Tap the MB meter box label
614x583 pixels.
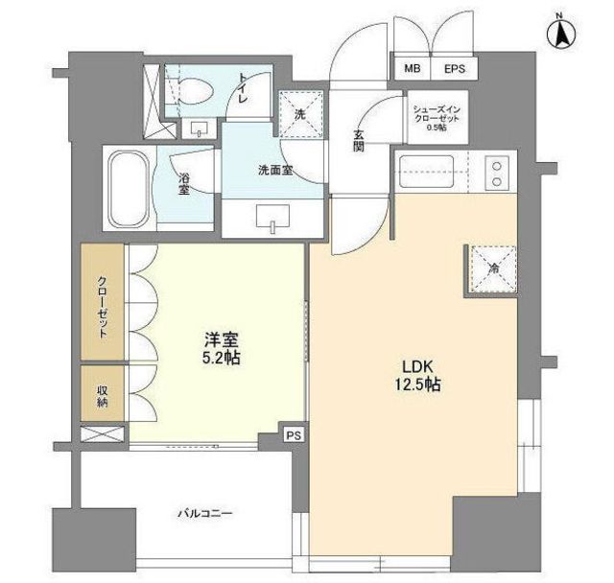click(x=413, y=69)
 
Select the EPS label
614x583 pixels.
click(x=454, y=69)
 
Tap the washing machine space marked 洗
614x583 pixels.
click(x=300, y=114)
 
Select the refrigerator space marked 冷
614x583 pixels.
click(x=494, y=269)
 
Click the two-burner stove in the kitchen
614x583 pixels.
click(x=497, y=174)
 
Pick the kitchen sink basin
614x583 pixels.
click(x=426, y=172)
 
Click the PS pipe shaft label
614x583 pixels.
click(x=294, y=435)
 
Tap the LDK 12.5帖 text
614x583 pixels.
click(x=417, y=376)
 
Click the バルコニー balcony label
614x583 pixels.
click(x=205, y=513)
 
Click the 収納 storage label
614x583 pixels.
click(x=103, y=397)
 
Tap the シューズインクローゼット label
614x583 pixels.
click(x=437, y=118)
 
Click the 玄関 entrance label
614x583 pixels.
click(x=359, y=140)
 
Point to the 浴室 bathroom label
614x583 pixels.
click(x=184, y=184)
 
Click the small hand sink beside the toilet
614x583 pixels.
click(x=199, y=128)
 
